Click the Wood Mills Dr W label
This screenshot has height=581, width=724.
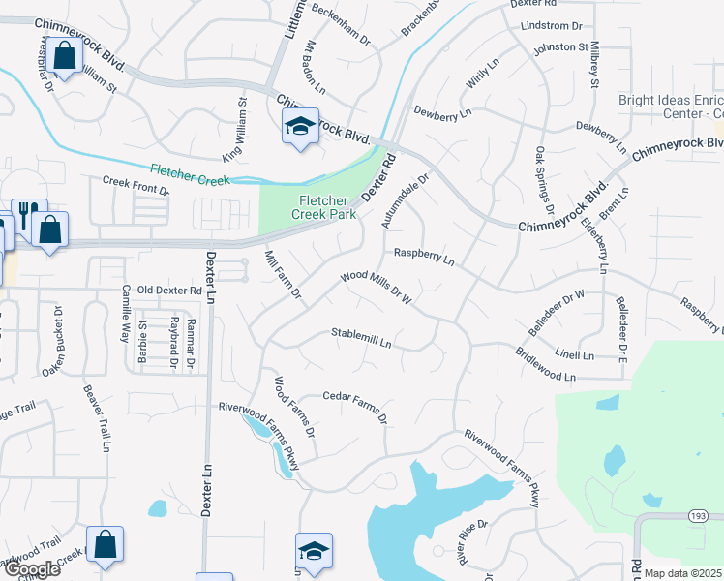pos(377,288)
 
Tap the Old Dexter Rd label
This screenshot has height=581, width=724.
pos(169,290)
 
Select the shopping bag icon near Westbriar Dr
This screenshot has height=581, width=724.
pos(66,57)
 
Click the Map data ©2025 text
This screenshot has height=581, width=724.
pos(683,573)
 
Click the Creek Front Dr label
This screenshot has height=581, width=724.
pos(136,185)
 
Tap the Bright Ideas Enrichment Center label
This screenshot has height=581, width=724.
pos(672,107)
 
